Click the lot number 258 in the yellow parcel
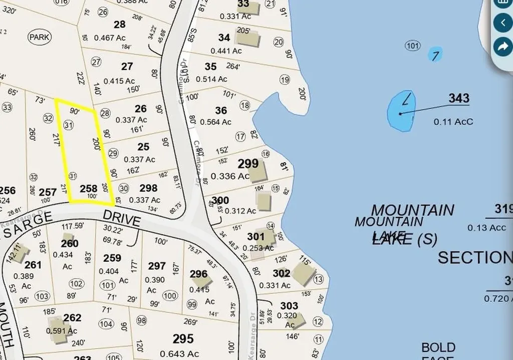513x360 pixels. (89, 189)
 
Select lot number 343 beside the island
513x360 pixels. (458, 98)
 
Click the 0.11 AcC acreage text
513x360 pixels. (453, 121)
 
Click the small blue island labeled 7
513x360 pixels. (435, 55)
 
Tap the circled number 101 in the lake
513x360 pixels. (412, 46)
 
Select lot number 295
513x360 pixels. (183, 338)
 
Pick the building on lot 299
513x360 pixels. (258, 172)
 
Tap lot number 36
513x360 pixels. (221, 110)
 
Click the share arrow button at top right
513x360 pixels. (501, 47)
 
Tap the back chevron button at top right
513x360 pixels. (502, 23)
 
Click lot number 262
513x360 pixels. (72, 318)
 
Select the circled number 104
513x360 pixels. (106, 324)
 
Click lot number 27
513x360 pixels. (127, 66)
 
